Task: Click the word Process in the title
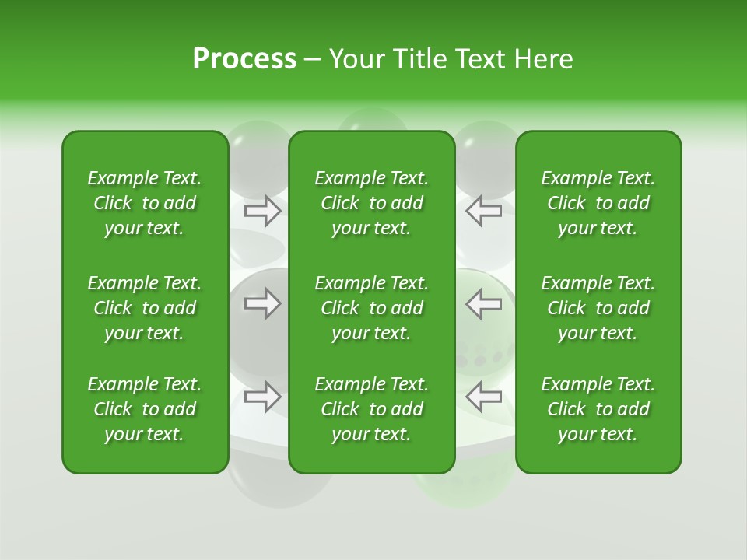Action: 244,59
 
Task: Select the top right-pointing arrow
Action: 263,210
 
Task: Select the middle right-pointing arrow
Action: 263,303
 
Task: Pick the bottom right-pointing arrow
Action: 263,397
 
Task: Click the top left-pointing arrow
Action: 483,210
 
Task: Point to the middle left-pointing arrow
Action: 483,303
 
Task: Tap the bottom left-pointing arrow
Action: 483,397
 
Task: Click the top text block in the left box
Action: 145,203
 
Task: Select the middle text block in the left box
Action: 145,308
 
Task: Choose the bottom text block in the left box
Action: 145,409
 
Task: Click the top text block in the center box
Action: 372,203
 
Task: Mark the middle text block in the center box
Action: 372,308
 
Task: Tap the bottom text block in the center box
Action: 372,409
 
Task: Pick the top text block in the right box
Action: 598,203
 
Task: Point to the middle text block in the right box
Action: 598,308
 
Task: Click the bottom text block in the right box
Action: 598,409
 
